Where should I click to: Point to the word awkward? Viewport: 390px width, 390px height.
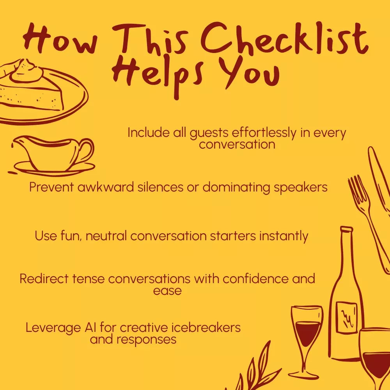[106, 187]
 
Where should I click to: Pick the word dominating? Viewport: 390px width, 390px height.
[236, 188]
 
